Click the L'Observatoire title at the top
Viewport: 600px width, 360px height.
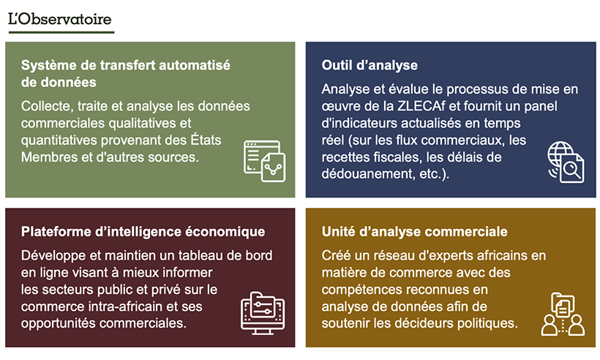(60, 19)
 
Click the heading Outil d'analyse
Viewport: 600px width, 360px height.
(370, 65)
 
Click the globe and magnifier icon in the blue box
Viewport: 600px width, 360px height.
(566, 162)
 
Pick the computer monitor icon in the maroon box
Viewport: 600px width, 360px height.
(261, 313)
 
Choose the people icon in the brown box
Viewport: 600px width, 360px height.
(563, 315)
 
